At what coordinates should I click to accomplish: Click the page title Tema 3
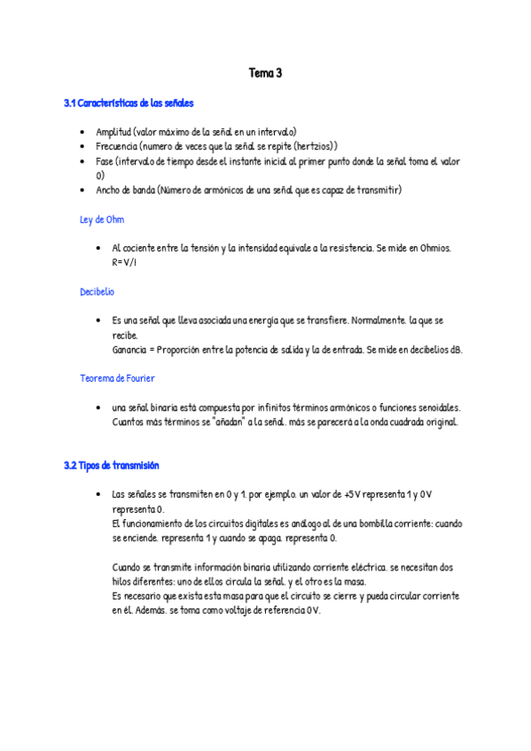[265, 74]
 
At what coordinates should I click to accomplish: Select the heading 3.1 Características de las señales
[129, 104]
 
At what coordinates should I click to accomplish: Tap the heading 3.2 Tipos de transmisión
[112, 465]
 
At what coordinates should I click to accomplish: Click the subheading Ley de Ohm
[102, 219]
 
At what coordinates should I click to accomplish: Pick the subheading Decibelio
[97, 291]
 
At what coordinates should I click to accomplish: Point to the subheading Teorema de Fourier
[117, 378]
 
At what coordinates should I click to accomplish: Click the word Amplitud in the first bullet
[113, 132]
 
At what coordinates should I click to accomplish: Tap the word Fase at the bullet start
[105, 161]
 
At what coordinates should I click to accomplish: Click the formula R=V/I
[124, 262]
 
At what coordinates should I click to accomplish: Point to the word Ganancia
[130, 349]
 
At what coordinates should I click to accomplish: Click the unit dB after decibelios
[456, 349]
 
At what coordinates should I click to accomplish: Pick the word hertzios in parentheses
[311, 146]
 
